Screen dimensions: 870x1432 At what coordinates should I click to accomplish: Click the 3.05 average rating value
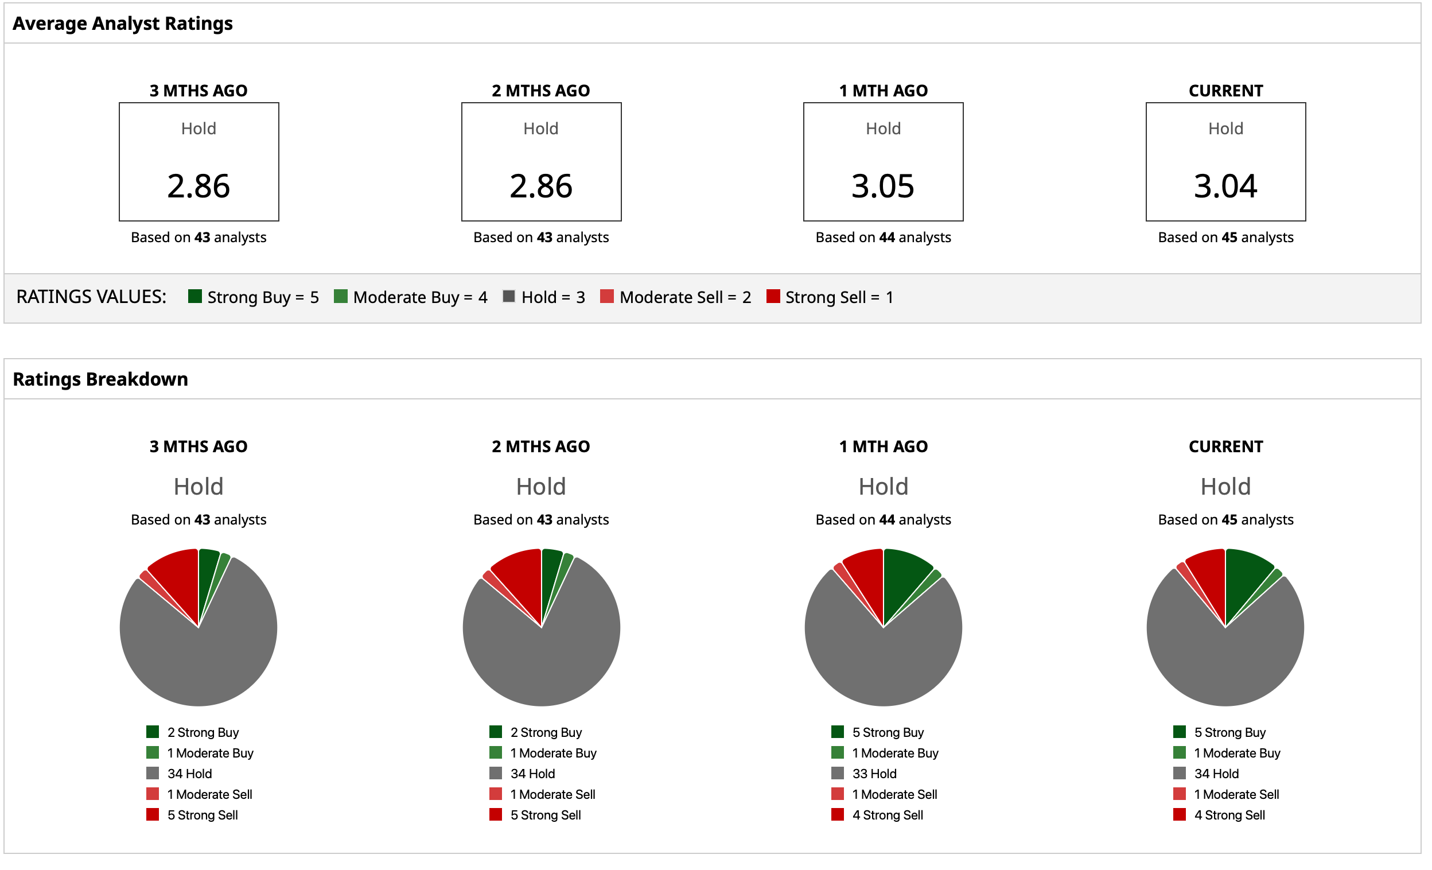click(x=883, y=186)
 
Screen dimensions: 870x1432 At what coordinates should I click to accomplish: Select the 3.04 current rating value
click(x=1225, y=186)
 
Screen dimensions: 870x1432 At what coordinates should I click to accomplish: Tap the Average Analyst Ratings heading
click(x=123, y=24)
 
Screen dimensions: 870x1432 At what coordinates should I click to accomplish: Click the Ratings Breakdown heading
click(x=100, y=379)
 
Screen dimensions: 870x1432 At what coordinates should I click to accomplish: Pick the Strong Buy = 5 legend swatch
click(x=194, y=296)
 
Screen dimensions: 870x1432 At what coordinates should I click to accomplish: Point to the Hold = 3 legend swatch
click(x=508, y=296)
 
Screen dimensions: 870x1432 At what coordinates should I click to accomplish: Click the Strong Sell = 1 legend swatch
click(x=773, y=296)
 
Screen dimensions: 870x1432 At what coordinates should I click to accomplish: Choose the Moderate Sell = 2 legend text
click(x=685, y=297)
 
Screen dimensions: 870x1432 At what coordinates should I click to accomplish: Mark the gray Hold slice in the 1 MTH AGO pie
click(x=884, y=662)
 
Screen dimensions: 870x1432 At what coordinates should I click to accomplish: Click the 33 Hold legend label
click(x=874, y=774)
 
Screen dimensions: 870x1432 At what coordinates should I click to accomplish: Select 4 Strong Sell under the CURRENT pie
click(x=1229, y=815)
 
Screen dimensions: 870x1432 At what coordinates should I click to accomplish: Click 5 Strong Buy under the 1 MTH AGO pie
click(x=888, y=732)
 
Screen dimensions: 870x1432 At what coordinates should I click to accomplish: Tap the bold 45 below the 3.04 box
click(x=1229, y=237)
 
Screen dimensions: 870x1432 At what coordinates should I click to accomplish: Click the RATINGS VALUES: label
click(x=91, y=297)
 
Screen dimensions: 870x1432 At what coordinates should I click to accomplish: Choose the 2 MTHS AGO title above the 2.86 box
click(x=540, y=91)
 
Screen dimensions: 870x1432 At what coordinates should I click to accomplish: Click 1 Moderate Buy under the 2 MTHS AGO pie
click(x=553, y=753)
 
